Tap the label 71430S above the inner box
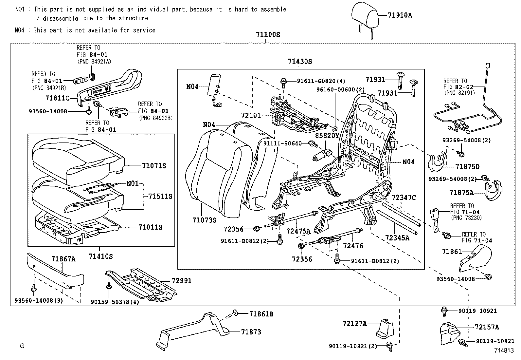(x=300, y=61)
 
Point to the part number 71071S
(x=154, y=166)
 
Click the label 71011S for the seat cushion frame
(x=150, y=227)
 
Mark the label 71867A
(x=63, y=259)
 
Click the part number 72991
(x=182, y=280)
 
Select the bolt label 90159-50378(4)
(x=115, y=302)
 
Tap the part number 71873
(x=251, y=332)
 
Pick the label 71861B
(x=261, y=314)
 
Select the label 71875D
(x=467, y=167)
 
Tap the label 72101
(x=251, y=115)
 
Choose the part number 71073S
(x=205, y=220)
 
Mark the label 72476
(x=353, y=246)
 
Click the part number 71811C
(x=57, y=98)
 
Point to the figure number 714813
(x=504, y=350)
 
